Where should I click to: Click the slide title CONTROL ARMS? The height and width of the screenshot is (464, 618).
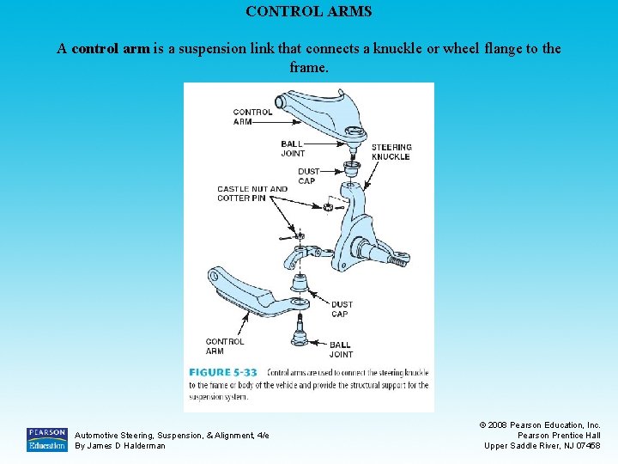(309, 12)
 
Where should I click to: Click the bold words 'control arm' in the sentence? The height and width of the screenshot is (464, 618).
(111, 49)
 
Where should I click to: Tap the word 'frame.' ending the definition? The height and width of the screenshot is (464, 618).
(309, 66)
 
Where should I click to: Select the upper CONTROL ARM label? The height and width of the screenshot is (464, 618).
(252, 117)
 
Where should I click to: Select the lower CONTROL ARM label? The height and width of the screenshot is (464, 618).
(225, 346)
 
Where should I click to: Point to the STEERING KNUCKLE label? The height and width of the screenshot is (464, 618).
(391, 152)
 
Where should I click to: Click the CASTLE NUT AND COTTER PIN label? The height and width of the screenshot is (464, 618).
(252, 193)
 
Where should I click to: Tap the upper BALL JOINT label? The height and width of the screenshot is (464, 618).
(293, 149)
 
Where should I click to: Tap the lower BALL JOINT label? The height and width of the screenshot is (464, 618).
(341, 349)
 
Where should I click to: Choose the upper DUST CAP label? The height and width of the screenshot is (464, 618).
(307, 176)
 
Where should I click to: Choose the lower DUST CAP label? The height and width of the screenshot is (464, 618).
(342, 308)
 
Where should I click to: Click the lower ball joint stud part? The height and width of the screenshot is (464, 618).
(300, 327)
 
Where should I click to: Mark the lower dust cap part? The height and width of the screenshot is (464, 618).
(300, 282)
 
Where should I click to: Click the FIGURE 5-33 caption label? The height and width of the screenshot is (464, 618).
(223, 372)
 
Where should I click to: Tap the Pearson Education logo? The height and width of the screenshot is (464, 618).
(46, 439)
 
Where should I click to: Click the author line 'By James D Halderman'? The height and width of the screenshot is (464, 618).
(120, 445)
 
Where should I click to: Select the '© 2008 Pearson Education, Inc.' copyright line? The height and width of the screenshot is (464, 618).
(540, 424)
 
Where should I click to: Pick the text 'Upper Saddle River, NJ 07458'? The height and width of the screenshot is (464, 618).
(542, 445)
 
